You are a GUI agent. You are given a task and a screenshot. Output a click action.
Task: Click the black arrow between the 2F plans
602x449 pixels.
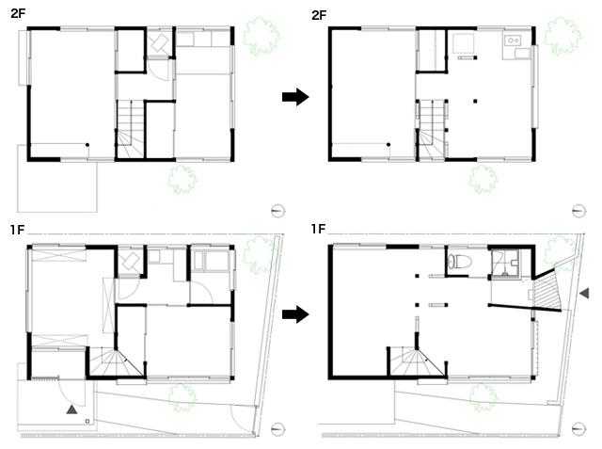[x=295, y=96]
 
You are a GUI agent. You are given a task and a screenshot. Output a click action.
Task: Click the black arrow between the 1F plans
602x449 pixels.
[x=295, y=314]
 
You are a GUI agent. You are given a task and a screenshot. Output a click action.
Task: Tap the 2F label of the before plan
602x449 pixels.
[x=18, y=13]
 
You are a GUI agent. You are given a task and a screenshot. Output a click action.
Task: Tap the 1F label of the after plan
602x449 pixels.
[x=318, y=229]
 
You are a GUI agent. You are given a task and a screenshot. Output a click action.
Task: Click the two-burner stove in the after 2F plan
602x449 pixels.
[x=513, y=40]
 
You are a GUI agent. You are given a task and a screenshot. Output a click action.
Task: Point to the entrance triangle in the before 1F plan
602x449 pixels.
[x=72, y=409]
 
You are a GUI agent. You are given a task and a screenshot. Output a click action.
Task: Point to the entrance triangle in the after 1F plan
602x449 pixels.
[x=584, y=293]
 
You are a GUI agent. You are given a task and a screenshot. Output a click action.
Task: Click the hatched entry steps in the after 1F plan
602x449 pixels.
[x=548, y=290]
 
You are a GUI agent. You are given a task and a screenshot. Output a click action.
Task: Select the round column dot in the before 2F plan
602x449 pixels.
[x=87, y=145]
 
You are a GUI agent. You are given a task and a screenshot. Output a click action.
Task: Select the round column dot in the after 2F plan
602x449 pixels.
[x=388, y=145]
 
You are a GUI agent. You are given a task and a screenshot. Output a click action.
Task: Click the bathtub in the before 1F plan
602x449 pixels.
[x=212, y=261]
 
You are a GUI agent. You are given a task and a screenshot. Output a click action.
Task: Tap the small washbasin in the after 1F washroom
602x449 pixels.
[x=515, y=263]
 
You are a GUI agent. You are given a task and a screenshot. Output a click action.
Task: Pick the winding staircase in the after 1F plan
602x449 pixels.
[x=417, y=361]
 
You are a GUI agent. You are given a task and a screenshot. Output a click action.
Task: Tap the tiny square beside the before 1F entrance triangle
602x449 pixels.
[x=87, y=421]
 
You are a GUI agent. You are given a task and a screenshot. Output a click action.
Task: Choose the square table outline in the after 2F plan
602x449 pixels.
[x=464, y=43]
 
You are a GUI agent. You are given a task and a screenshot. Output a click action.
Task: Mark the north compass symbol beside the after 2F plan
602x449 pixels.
[x=578, y=211]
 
